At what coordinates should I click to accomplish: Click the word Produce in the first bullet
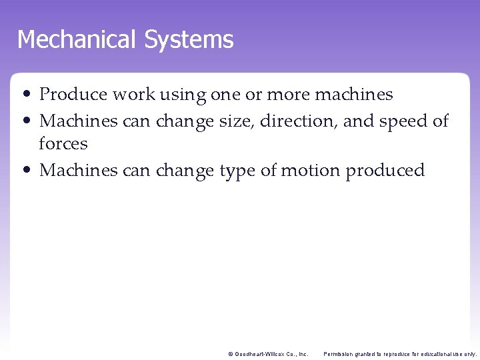pyautogui.click(x=73, y=95)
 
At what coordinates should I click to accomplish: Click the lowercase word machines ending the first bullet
pyautogui.click(x=353, y=95)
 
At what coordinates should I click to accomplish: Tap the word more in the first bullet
pyautogui.click(x=288, y=95)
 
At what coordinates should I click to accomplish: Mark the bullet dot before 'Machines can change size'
pyautogui.click(x=31, y=121)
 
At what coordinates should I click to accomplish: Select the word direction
pyautogui.click(x=299, y=121)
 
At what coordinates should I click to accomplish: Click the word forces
pyautogui.click(x=63, y=143)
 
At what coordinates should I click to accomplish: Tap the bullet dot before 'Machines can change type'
pyautogui.click(x=31, y=171)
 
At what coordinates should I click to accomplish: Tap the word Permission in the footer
pyautogui.click(x=341, y=354)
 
